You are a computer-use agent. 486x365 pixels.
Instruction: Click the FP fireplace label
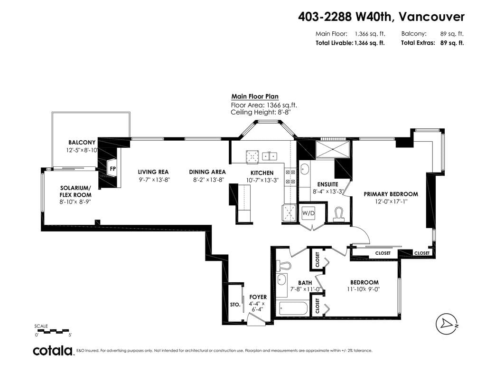(113, 169)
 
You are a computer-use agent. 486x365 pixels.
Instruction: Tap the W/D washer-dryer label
(308, 213)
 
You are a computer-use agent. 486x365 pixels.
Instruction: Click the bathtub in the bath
(293, 308)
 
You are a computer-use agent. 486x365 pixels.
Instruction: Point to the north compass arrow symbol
(447, 324)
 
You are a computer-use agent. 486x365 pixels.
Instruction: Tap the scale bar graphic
(53, 331)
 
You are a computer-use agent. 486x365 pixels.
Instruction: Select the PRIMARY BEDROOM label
(391, 194)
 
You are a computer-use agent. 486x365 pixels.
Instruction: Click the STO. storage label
(235, 305)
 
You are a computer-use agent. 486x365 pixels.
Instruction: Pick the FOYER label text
(258, 297)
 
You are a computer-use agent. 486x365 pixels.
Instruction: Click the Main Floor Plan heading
(255, 96)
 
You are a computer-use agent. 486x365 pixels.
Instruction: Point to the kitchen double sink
(270, 156)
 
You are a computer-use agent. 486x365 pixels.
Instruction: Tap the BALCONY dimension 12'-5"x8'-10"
(82, 150)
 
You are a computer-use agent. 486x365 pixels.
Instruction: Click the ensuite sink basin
(304, 170)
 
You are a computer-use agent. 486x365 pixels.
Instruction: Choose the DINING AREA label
(207, 172)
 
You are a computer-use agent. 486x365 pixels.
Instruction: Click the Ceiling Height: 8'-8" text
(261, 112)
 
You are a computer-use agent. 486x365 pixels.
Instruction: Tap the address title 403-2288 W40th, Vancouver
(381, 17)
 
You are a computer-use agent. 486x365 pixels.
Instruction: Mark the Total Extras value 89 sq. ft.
(452, 43)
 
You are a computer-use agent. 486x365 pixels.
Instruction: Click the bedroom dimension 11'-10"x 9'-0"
(364, 289)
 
